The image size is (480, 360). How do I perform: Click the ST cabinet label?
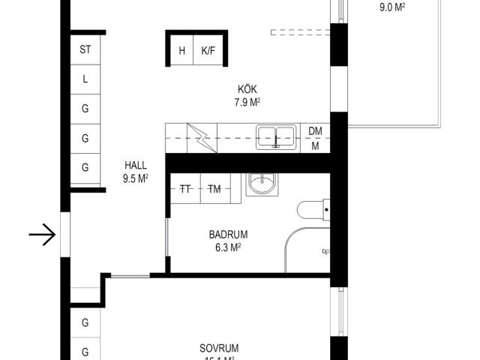[x=85, y=50]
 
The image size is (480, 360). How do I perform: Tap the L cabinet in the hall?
[x=85, y=79]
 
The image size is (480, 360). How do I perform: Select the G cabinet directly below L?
[x=85, y=109]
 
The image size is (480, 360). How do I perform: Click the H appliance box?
[x=181, y=52]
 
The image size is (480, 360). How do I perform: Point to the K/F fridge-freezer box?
[x=207, y=52]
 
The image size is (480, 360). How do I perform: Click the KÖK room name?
[x=247, y=89]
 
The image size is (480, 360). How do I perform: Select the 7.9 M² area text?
[x=247, y=103]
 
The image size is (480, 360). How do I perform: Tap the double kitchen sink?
[x=275, y=136]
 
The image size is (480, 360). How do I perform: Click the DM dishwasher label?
[x=315, y=131]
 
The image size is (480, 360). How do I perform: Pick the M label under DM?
[x=315, y=146]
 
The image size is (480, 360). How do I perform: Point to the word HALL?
[x=136, y=166]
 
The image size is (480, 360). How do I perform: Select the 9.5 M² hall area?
[x=136, y=178]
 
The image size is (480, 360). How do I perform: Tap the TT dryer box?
[x=184, y=189]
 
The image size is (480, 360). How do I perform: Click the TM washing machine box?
[x=215, y=189]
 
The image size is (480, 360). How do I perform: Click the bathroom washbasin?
[x=261, y=184]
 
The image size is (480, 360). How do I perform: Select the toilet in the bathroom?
[x=311, y=210]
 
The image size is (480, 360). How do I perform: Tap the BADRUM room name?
[x=229, y=233]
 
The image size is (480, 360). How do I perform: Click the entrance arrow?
[x=43, y=235]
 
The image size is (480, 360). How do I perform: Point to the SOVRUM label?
[x=219, y=348]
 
